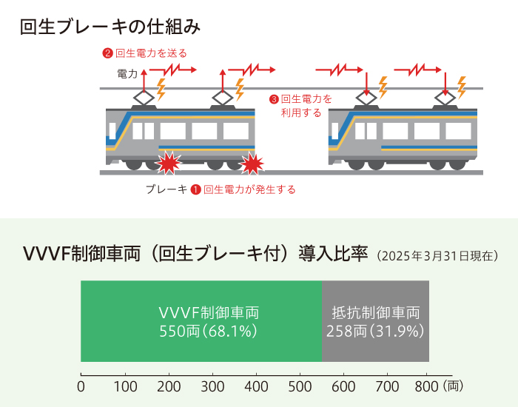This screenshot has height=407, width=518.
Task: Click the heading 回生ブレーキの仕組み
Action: [x=110, y=27]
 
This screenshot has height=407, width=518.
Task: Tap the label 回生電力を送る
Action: [x=151, y=53]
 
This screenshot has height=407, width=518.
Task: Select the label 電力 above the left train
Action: [x=127, y=74]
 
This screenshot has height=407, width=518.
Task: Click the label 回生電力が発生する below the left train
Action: [x=249, y=189]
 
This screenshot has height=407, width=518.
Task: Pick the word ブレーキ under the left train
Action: [x=166, y=189]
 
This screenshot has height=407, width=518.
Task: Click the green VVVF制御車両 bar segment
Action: [x=201, y=321]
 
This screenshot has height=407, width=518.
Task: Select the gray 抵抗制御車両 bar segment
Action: [x=376, y=321]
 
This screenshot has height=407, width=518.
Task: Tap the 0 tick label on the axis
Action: [x=81, y=386]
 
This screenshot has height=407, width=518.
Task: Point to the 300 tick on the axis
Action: [x=212, y=386]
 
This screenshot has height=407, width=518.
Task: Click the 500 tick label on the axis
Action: [x=300, y=386]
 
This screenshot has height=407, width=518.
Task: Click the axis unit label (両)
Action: [x=454, y=386]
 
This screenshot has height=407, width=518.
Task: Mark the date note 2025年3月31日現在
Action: [x=437, y=256]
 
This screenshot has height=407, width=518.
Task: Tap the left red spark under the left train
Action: [x=169, y=161]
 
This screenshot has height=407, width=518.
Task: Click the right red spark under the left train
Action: [x=253, y=162]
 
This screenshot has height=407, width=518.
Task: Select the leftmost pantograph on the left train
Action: [x=144, y=97]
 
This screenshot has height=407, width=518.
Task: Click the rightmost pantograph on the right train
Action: [x=445, y=97]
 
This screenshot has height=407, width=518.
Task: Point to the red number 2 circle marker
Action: [x=107, y=53]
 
